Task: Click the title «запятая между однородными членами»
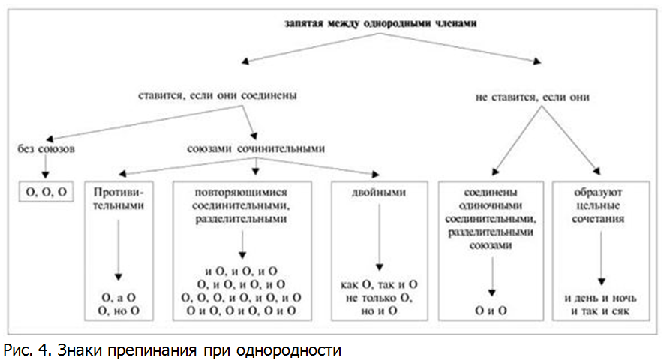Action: pyautogui.click(x=380, y=23)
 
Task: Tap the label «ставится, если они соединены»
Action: pyautogui.click(x=218, y=95)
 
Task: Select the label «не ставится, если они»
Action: pyautogui.click(x=533, y=97)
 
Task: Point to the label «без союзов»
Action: pyautogui.click(x=46, y=148)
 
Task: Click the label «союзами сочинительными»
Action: pyautogui.click(x=256, y=148)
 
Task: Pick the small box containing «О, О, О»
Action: pyautogui.click(x=47, y=192)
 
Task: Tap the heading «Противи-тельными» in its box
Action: pyautogui.click(x=119, y=199)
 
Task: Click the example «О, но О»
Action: pyautogui.click(x=119, y=310)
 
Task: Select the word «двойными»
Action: pyautogui.click(x=379, y=193)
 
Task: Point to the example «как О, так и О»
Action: pyautogui.click(x=379, y=284)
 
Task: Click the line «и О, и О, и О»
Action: pyautogui.click(x=241, y=271)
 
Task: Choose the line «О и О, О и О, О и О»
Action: pyautogui.click(x=241, y=310)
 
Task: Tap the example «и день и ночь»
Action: pyautogui.click(x=601, y=298)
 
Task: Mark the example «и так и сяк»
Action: pyautogui.click(x=601, y=310)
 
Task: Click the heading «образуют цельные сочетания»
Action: pyautogui.click(x=598, y=205)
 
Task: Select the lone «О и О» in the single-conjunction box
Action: pyautogui.click(x=491, y=310)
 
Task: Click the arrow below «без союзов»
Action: pyautogui.click(x=46, y=166)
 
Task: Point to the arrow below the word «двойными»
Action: pyautogui.click(x=380, y=237)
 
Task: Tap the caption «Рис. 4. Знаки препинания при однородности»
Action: pyautogui.click(x=173, y=350)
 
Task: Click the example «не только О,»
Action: pyautogui.click(x=379, y=298)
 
